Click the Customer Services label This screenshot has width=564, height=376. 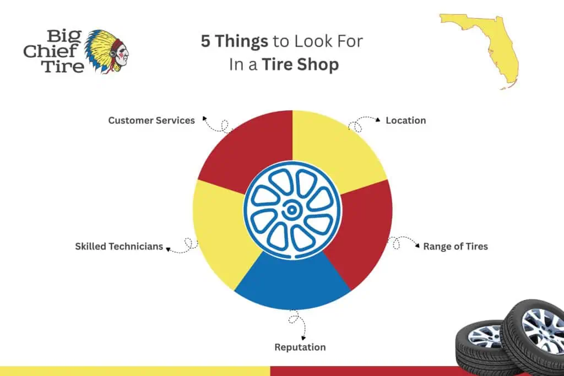point(151,120)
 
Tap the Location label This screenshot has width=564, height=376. point(405,120)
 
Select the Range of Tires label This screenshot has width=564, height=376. point(455,246)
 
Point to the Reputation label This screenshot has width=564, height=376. point(300,347)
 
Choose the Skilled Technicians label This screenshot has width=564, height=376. point(119,246)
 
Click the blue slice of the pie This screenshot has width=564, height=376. point(292,284)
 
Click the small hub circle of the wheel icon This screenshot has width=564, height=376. point(291,209)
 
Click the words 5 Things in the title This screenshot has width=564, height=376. point(234,41)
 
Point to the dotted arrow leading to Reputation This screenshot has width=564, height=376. point(297,325)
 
